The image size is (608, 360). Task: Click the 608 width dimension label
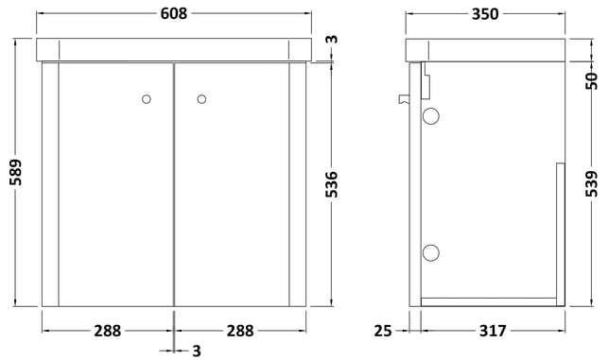[x=174, y=13]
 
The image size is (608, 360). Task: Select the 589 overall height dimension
[x=16, y=172]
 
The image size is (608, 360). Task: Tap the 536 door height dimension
[x=332, y=184]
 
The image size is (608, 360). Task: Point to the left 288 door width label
[x=108, y=331]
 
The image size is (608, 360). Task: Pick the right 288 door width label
[x=240, y=331]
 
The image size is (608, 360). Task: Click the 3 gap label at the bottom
[x=197, y=351]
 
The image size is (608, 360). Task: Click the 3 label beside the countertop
[x=332, y=39]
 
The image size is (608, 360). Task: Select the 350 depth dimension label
[x=485, y=14]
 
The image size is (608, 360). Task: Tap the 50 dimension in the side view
[x=592, y=81]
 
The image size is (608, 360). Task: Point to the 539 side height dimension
[x=592, y=183]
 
